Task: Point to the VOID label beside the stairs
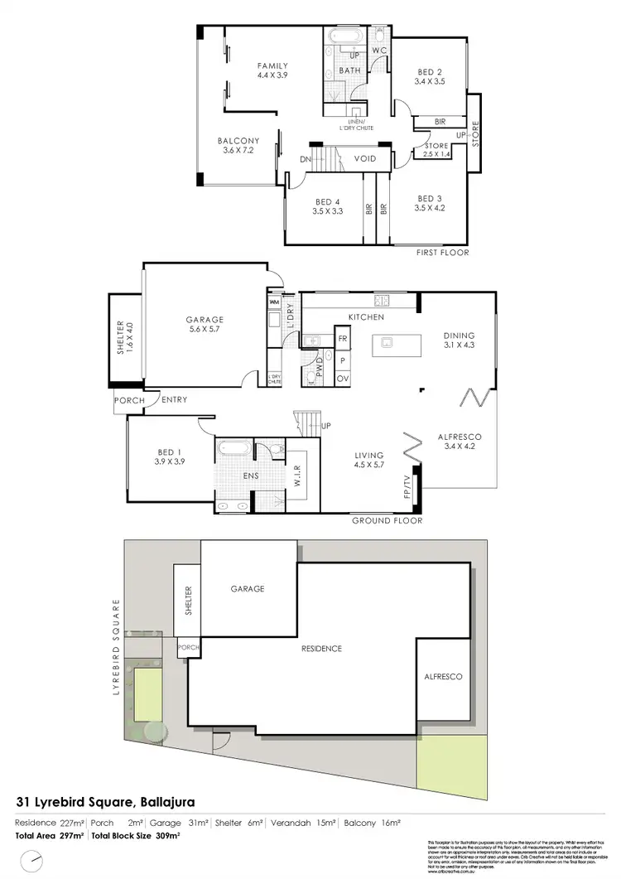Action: (x=365, y=158)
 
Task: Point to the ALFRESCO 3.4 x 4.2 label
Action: (x=459, y=441)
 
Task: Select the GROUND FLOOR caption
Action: (x=387, y=521)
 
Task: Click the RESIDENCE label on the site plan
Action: (x=320, y=648)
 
